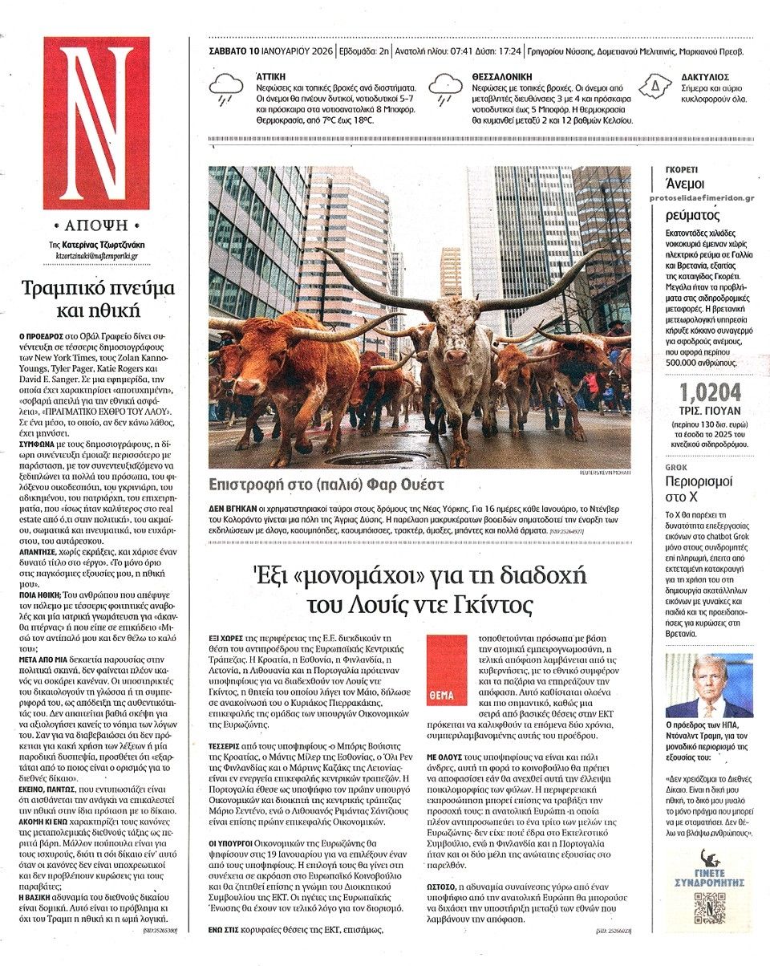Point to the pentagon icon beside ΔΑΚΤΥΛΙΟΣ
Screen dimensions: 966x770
(654, 84)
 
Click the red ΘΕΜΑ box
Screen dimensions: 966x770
(447, 670)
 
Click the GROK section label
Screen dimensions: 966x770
(677, 466)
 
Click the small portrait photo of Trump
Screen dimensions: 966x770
(709, 686)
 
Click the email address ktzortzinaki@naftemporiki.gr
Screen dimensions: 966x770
(91, 256)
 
